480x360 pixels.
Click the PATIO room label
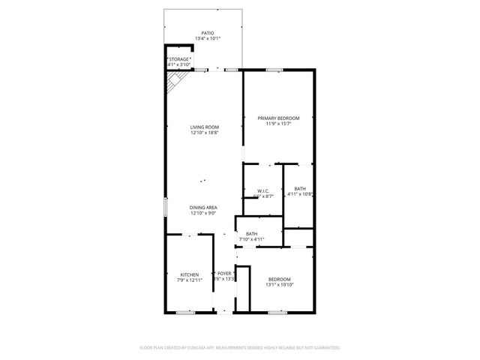(x=208, y=33)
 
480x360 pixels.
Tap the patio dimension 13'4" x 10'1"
(x=208, y=39)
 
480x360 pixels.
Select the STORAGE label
(x=179, y=59)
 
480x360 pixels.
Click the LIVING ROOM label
(x=204, y=127)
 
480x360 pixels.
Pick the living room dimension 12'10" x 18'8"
(x=204, y=133)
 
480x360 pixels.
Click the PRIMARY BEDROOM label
(x=278, y=118)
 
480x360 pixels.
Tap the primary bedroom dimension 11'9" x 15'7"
(x=278, y=124)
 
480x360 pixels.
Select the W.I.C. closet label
(x=263, y=190)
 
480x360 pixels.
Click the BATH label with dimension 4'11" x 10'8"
(x=300, y=188)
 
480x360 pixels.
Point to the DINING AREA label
(x=204, y=207)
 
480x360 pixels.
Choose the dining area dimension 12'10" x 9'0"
(x=204, y=213)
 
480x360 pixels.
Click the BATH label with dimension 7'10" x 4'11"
(x=251, y=234)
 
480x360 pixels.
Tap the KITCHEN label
(x=190, y=274)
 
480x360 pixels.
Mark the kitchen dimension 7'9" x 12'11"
(x=190, y=280)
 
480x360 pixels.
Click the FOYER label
(x=224, y=273)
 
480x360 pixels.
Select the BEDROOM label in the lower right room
(x=279, y=279)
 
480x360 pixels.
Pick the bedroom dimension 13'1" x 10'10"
(x=279, y=285)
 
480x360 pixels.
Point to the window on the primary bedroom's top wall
(x=274, y=70)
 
